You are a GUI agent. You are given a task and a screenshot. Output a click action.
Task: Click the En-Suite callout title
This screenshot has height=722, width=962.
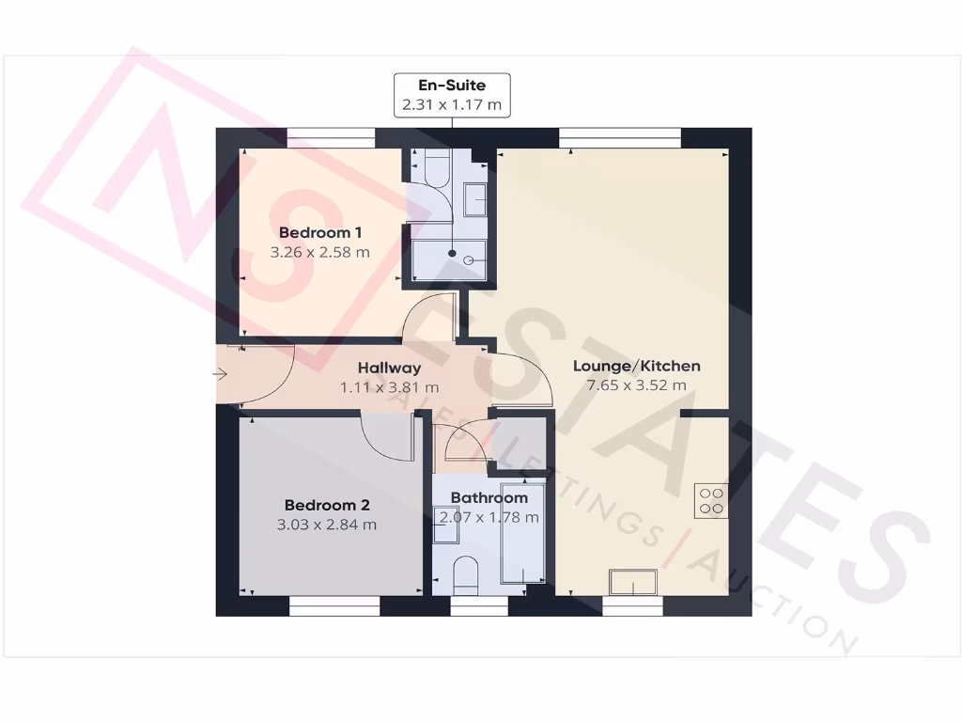click(452, 86)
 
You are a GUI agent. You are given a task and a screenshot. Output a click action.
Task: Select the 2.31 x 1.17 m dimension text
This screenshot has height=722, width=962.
click(452, 105)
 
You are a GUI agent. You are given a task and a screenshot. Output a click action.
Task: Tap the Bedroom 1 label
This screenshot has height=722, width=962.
click(320, 232)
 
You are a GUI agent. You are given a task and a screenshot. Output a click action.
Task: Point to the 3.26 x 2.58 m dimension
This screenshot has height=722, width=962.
click(320, 252)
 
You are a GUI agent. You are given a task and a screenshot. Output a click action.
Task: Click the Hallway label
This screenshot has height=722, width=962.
click(389, 368)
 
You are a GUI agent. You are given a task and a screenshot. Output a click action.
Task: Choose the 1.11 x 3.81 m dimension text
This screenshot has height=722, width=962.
click(389, 386)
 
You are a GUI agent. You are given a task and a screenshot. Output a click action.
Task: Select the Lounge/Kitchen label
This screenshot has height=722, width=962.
click(636, 366)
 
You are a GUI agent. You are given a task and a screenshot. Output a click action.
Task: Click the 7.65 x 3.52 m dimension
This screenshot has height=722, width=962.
click(636, 385)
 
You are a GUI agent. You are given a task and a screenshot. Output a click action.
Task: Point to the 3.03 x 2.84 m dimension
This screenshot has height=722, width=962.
click(326, 525)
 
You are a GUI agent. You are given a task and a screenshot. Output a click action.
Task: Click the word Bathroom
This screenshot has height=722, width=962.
click(489, 497)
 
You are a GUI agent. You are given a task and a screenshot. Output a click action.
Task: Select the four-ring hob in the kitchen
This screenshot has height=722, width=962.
click(711, 500)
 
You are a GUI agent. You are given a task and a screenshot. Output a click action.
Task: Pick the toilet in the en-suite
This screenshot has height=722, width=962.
click(435, 168)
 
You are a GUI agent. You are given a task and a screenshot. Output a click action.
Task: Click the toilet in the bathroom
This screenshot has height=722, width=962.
click(466, 575)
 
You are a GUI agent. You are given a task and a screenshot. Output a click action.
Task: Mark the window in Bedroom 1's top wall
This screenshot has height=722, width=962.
click(331, 137)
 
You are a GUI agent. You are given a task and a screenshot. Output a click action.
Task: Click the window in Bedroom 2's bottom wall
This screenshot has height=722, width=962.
click(334, 607)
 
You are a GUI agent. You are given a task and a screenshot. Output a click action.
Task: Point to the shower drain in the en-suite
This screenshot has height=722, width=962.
click(453, 254)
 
